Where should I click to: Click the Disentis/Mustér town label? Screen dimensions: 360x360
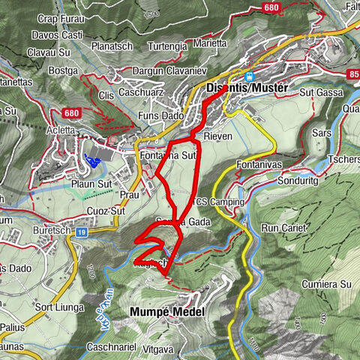pos(245,88)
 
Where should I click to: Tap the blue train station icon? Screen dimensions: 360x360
pos(251,76)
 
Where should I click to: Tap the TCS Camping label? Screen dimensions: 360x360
pos(219,202)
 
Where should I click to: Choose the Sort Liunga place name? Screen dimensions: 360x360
pos(58,307)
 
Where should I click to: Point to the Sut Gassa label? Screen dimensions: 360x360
pos(316,92)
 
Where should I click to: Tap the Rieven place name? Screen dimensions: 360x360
pos(217,138)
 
